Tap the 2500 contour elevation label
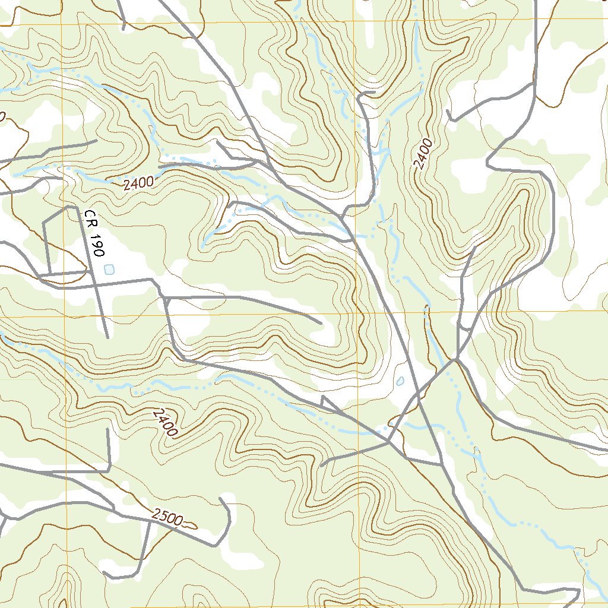point(166,517)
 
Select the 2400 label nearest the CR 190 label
point(139,183)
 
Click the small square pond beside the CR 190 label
point(108,269)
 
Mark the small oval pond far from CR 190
point(400,381)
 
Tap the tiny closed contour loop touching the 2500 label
point(189,524)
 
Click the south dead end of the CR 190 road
point(107,337)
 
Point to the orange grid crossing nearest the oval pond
point(358,313)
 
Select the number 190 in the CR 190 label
point(96,240)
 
